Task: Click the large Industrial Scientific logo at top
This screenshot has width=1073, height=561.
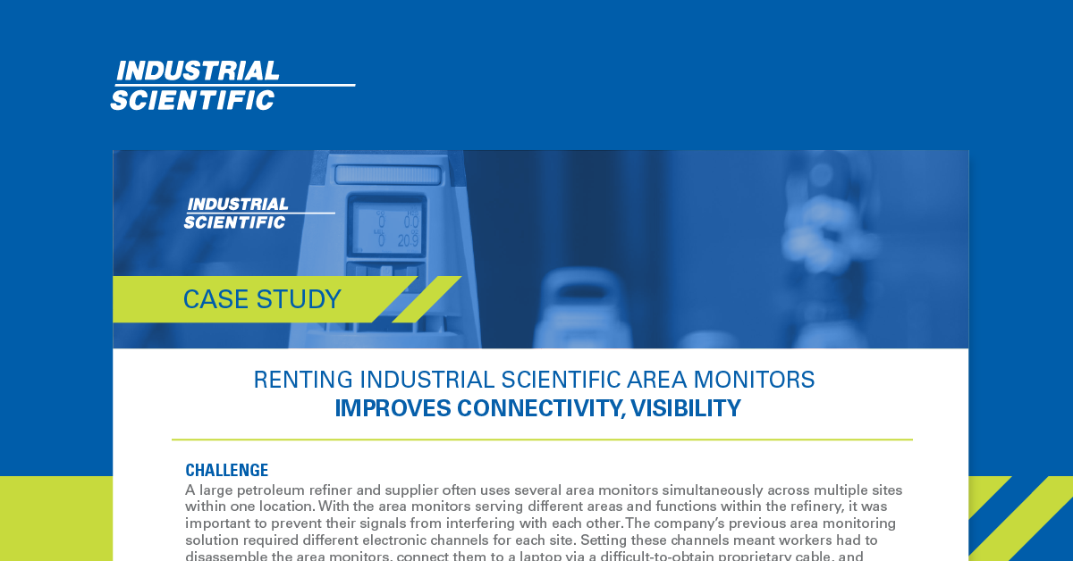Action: click(x=232, y=86)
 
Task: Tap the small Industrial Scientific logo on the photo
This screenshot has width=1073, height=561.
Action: click(x=259, y=213)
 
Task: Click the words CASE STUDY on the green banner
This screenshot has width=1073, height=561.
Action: click(x=262, y=299)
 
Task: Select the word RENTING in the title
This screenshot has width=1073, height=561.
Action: click(x=303, y=380)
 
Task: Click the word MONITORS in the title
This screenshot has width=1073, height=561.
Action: click(x=754, y=380)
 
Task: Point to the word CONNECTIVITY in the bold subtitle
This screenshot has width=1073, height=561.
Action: click(x=541, y=408)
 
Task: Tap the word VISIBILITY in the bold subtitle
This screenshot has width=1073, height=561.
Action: click(x=686, y=408)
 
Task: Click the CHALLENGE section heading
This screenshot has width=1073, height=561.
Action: click(x=226, y=470)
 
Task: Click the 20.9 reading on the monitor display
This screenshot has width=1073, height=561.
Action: click(x=408, y=241)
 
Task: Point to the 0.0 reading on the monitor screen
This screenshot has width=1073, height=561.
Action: click(x=411, y=222)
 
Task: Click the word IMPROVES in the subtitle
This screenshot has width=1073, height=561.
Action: click(x=393, y=408)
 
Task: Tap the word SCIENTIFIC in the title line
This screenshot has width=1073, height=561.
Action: click(x=561, y=380)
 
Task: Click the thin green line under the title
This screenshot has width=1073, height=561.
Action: click(x=542, y=440)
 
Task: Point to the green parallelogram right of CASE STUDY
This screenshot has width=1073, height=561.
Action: click(x=427, y=299)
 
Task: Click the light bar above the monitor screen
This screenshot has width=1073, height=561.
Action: click(x=387, y=175)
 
